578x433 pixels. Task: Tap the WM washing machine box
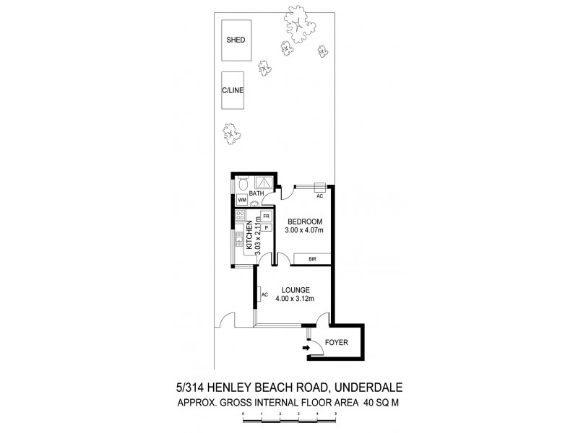(242, 200)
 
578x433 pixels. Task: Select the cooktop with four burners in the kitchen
(241, 216)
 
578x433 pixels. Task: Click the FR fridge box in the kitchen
(266, 216)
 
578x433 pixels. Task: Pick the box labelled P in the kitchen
(266, 227)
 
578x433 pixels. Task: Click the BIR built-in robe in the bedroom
(313, 258)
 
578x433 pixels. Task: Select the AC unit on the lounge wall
(264, 294)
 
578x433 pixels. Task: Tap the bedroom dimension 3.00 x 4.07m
(304, 229)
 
